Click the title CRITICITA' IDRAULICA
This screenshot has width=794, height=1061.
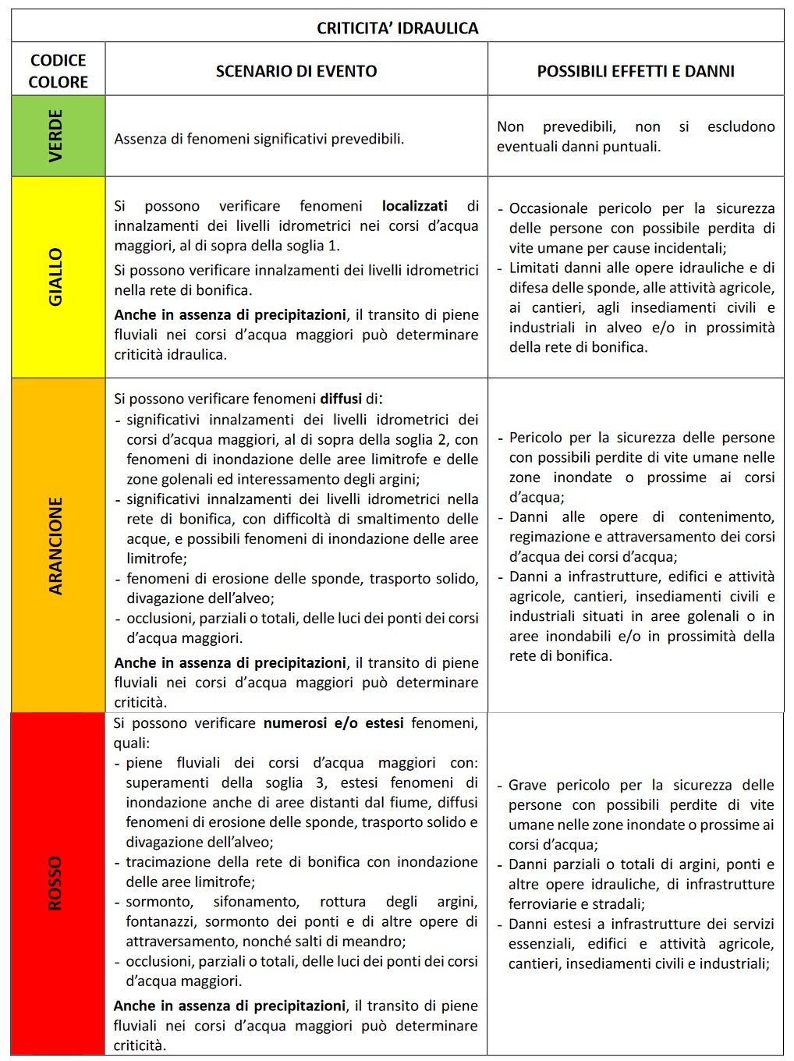(x=397, y=28)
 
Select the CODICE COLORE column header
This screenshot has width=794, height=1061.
(x=58, y=71)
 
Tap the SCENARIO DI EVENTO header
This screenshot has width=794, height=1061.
(x=296, y=71)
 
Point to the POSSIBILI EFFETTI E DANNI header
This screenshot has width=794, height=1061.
(x=636, y=71)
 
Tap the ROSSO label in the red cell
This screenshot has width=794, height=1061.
(x=55, y=883)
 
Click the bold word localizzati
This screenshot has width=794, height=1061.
(x=414, y=206)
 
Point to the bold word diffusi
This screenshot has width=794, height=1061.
(x=341, y=399)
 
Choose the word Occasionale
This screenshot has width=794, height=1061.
(x=548, y=208)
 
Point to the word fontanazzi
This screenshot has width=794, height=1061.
(x=161, y=921)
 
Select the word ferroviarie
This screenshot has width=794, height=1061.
(x=543, y=904)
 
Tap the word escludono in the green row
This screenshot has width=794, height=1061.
(x=741, y=126)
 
